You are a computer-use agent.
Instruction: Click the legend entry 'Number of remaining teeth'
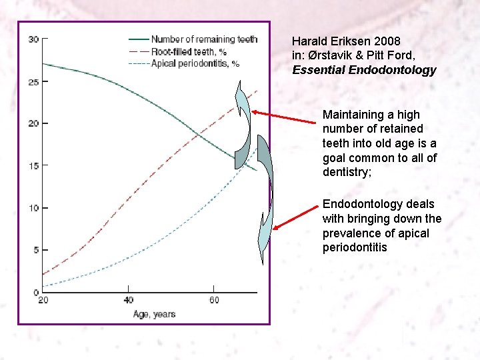pyautogui.click(x=204, y=39)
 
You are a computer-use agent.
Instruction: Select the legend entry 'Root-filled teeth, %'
pyautogui.click(x=189, y=51)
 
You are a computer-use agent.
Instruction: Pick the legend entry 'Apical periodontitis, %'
pyautogui.click(x=195, y=63)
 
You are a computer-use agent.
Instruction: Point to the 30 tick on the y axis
pyautogui.click(x=33, y=39)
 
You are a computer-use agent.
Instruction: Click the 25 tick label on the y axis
pyautogui.click(x=33, y=82)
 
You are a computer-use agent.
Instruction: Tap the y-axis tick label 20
pyautogui.click(x=33, y=123)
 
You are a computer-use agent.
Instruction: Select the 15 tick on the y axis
pyautogui.click(x=33, y=165)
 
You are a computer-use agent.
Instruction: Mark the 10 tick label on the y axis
pyautogui.click(x=33, y=208)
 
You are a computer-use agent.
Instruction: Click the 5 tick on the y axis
pyautogui.click(x=35, y=250)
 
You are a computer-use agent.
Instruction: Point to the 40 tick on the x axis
pyautogui.click(x=129, y=300)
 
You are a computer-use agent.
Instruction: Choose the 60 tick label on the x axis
pyautogui.click(x=215, y=300)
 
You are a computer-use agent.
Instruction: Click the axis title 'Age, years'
pyautogui.click(x=154, y=313)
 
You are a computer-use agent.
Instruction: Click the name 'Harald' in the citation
pyautogui.click(x=310, y=41)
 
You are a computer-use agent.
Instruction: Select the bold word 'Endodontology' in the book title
pyautogui.click(x=396, y=70)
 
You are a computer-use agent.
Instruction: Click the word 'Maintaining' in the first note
pyautogui.click(x=352, y=115)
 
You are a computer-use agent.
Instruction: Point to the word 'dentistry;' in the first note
pyautogui.click(x=346, y=173)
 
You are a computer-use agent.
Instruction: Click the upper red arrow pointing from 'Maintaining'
pyautogui.click(x=284, y=118)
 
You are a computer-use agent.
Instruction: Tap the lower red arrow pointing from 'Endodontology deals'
pyautogui.click(x=297, y=217)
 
